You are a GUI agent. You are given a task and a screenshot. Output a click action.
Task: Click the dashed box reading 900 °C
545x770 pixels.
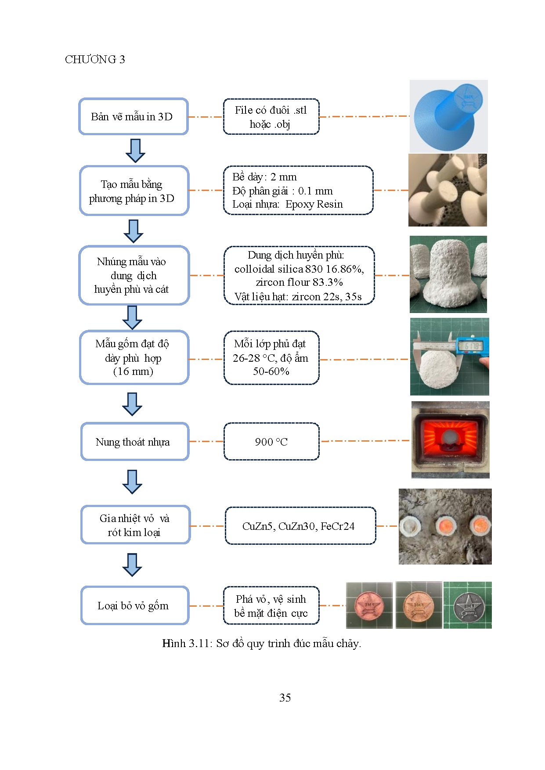click(x=271, y=442)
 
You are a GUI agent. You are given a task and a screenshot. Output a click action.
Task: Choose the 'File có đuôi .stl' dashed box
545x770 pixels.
click(x=271, y=117)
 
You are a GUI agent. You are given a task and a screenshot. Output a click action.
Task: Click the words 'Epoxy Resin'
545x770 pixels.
click(x=314, y=204)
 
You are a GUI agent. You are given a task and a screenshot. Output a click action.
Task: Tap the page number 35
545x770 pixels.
click(x=285, y=698)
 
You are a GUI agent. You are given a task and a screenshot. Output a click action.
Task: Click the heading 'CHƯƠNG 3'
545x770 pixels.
click(x=95, y=59)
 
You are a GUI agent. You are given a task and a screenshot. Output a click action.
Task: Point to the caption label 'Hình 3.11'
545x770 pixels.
click(x=186, y=644)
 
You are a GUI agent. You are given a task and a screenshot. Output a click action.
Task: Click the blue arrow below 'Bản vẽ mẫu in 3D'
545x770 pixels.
click(x=135, y=151)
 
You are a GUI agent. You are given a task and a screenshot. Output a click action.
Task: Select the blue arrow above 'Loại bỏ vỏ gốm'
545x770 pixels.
click(x=132, y=565)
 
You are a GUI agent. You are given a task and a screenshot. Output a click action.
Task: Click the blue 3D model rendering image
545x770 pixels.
click(x=448, y=116)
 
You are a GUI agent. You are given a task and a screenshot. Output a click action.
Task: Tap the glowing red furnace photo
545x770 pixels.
click(x=450, y=439)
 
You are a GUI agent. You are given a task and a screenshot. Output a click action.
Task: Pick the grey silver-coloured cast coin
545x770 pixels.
click(x=468, y=605)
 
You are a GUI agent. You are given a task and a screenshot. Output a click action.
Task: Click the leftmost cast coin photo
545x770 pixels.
click(x=369, y=605)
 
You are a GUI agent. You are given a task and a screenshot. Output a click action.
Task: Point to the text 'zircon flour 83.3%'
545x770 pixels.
click(x=299, y=282)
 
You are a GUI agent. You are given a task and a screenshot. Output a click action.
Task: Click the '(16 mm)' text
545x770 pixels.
click(x=133, y=371)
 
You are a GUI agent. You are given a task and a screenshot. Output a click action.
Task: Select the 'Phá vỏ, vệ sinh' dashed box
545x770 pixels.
click(x=271, y=605)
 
